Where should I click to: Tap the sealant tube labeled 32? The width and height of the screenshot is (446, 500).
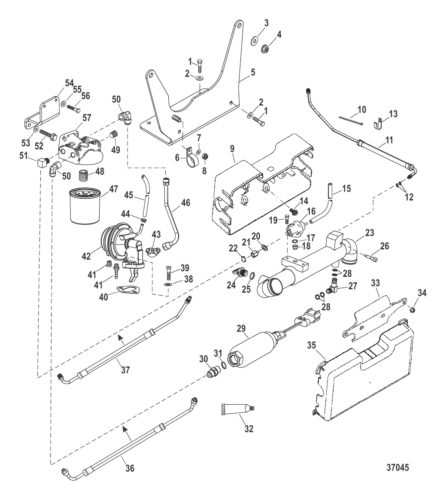[x=240, y=410]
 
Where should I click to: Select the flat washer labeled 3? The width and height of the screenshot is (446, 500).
[x=254, y=41]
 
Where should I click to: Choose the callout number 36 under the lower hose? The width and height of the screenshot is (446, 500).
[x=130, y=469]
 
